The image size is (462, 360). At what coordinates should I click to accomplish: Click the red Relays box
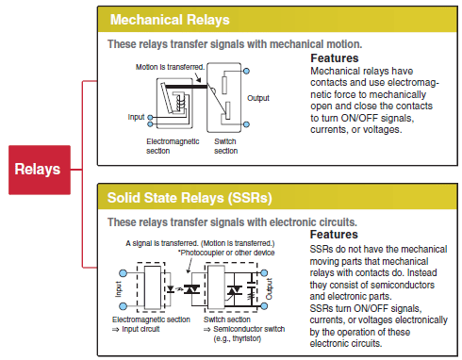[x=37, y=170]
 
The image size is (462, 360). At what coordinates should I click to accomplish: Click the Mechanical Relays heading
[x=175, y=20]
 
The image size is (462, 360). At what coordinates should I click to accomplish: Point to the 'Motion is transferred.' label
[x=170, y=67]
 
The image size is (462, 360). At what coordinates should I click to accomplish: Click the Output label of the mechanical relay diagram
[x=258, y=97]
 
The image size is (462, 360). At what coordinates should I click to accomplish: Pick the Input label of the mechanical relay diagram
[x=137, y=117]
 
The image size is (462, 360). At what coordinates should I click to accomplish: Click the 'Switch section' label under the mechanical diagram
[x=226, y=144]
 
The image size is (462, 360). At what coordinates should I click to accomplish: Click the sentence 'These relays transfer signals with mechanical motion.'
[x=235, y=43]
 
